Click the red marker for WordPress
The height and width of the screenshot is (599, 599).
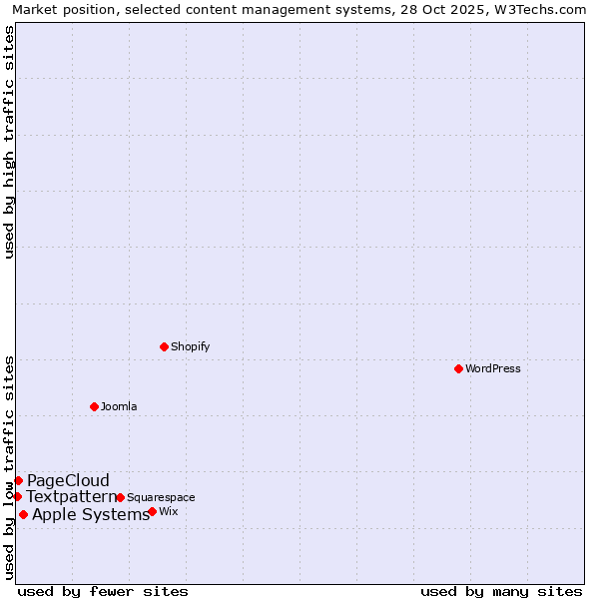pos(458,368)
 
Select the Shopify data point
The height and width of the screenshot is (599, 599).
pos(164,346)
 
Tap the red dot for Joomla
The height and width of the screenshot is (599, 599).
pos(94,406)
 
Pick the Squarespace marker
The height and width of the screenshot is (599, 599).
pos(120,497)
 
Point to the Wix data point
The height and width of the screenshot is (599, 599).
pos(152,511)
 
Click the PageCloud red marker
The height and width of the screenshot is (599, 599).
pos(18,480)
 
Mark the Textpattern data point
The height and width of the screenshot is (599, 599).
pos(17,496)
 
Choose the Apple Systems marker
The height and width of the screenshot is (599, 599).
pos(23,514)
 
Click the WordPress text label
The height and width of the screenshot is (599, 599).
pos(493,368)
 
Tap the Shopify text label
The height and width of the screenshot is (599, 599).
pos(190,346)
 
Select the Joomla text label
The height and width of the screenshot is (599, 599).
pos(119,406)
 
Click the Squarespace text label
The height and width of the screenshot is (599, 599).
pos(161,497)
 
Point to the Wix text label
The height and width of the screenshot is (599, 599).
pos(168,511)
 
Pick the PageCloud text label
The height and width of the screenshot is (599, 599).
pos(68,480)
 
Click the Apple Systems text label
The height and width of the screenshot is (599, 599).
pos(91,514)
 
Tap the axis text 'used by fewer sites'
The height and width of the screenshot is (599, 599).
pos(103,591)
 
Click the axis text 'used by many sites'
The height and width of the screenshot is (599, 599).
pos(501,591)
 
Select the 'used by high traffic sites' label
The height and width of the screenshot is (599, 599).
pos(10,142)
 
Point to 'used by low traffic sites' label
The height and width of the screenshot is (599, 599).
pos(10,467)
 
